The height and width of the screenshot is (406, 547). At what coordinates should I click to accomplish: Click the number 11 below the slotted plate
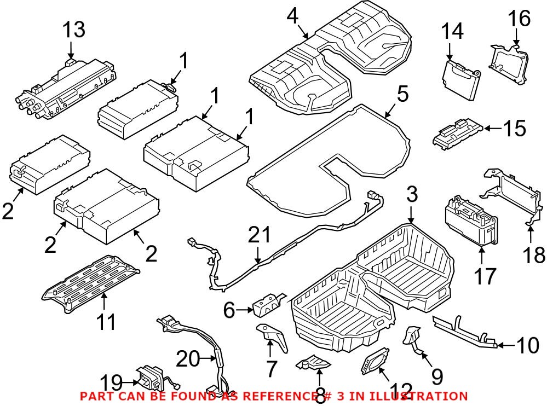(x=106, y=322)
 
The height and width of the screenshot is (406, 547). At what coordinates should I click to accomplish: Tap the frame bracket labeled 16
(x=509, y=64)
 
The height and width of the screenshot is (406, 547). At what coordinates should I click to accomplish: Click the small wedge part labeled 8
(x=315, y=363)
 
